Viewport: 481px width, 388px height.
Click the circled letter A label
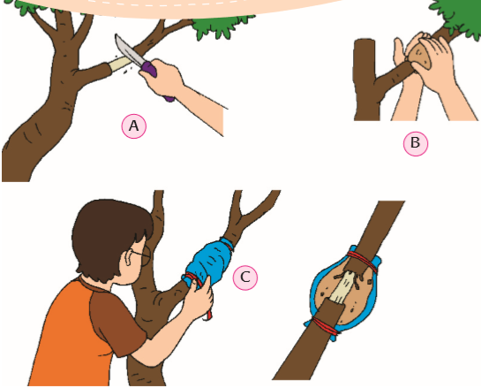pyautogui.click(x=134, y=126)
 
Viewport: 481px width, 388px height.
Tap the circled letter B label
pyautogui.click(x=416, y=143)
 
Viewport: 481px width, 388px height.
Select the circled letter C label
pyautogui.click(x=245, y=278)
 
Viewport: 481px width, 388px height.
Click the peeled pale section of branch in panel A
pyautogui.click(x=121, y=63)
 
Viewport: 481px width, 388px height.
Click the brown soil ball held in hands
pyautogui.click(x=420, y=56)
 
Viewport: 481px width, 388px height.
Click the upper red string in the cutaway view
pyautogui.click(x=362, y=261)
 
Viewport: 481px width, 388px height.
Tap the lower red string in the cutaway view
pyautogui.click(x=325, y=327)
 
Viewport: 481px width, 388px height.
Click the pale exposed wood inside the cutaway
pyautogui.click(x=342, y=287)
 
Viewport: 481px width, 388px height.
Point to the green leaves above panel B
pyautogui.click(x=458, y=17)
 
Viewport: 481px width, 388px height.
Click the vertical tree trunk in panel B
pyautogui.click(x=365, y=80)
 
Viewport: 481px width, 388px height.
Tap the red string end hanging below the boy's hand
pyautogui.click(x=208, y=315)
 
